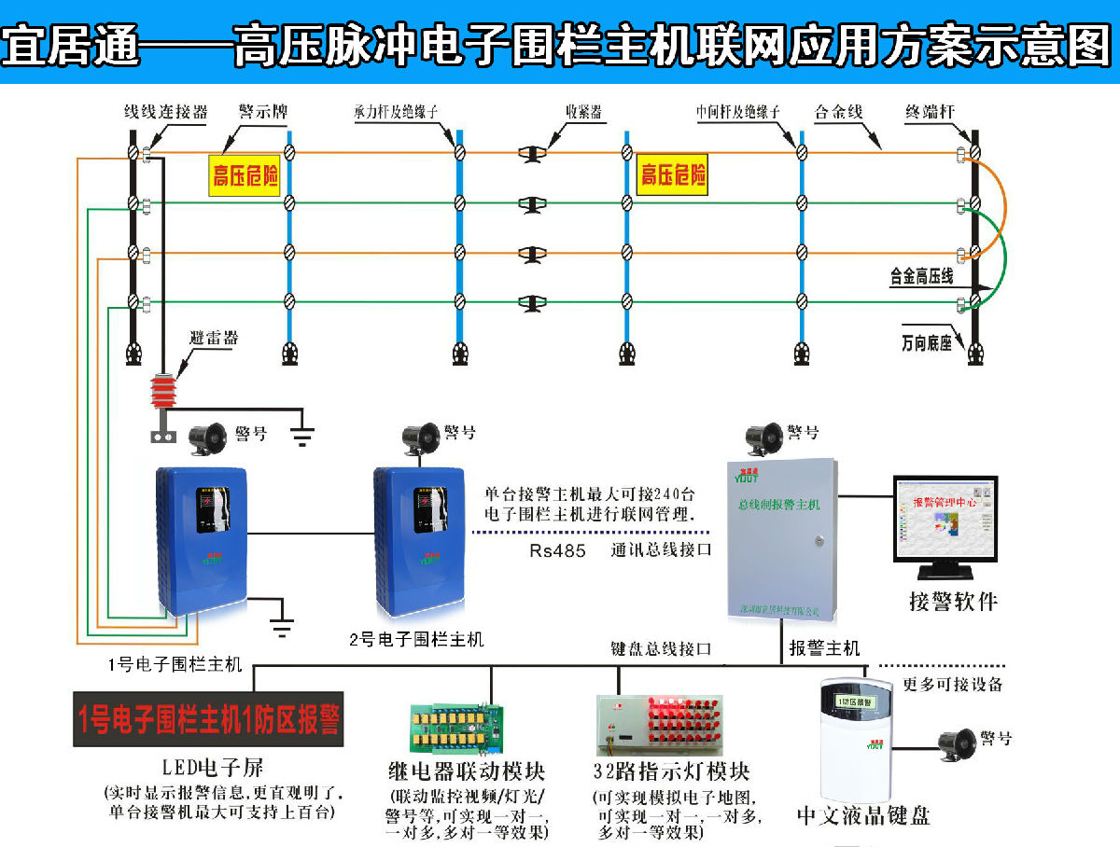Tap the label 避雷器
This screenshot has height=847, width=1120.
214,338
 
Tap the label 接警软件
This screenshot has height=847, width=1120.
953,601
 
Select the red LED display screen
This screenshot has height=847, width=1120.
208,718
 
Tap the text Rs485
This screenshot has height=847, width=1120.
557,550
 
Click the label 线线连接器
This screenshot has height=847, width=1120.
165,112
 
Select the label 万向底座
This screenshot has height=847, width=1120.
926,342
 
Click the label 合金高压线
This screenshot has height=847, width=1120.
921,276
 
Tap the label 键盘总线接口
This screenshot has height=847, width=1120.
662,647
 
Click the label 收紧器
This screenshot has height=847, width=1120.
583,112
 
